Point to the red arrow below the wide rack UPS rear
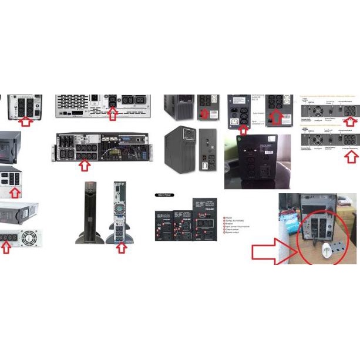point(84,165)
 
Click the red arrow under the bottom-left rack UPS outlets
point(6,248)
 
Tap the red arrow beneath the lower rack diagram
point(351,154)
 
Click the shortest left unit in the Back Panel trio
point(163,225)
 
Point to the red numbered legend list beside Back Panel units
point(236,226)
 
